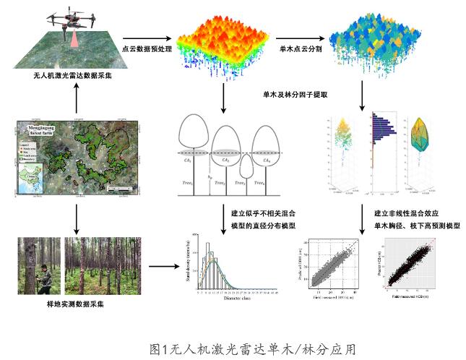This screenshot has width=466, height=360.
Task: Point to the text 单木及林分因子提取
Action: pyautogui.click(x=290, y=94)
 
